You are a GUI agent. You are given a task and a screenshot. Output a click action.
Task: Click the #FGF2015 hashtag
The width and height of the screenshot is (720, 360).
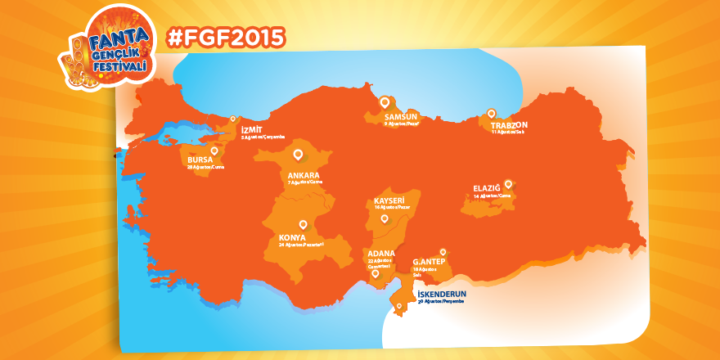[x=225, y=37]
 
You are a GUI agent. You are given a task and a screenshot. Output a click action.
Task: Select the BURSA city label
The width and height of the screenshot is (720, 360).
[x=200, y=160]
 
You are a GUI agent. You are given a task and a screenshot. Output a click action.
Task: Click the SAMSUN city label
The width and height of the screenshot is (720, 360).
[x=401, y=117]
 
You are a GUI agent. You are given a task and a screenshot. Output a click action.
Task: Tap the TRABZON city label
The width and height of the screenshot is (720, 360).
[x=510, y=125]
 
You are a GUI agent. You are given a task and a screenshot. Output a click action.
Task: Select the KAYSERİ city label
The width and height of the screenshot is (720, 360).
[x=390, y=200]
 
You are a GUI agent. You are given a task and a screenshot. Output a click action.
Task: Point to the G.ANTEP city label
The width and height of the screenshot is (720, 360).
[x=428, y=261]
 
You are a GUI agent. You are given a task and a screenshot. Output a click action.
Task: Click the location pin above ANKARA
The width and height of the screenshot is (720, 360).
[x=298, y=153]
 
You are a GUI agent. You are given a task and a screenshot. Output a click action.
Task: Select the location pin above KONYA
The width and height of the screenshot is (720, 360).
[x=303, y=223]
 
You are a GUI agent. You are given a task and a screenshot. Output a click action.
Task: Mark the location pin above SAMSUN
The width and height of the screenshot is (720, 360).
[x=385, y=101]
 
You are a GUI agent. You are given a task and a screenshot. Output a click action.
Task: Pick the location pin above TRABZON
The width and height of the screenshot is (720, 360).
[x=492, y=114]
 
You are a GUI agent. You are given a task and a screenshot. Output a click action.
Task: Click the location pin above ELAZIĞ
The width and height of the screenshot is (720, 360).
[x=508, y=183]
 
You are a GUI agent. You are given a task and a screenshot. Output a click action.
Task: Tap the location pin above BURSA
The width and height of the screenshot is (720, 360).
[x=214, y=150]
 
